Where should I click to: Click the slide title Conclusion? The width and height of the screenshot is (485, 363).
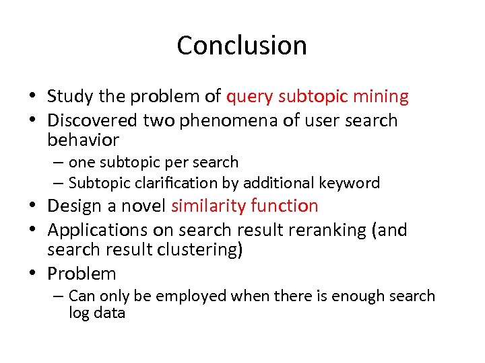coord(242,46)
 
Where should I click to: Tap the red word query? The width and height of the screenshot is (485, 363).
coord(249,97)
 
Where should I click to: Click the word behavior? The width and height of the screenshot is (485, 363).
coord(83,140)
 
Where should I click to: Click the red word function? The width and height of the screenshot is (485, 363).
coord(285,206)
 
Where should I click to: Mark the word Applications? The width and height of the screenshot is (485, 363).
coord(98,231)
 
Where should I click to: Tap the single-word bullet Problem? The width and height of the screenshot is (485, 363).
coord(82,274)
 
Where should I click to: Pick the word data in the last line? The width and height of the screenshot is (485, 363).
coord(110,313)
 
